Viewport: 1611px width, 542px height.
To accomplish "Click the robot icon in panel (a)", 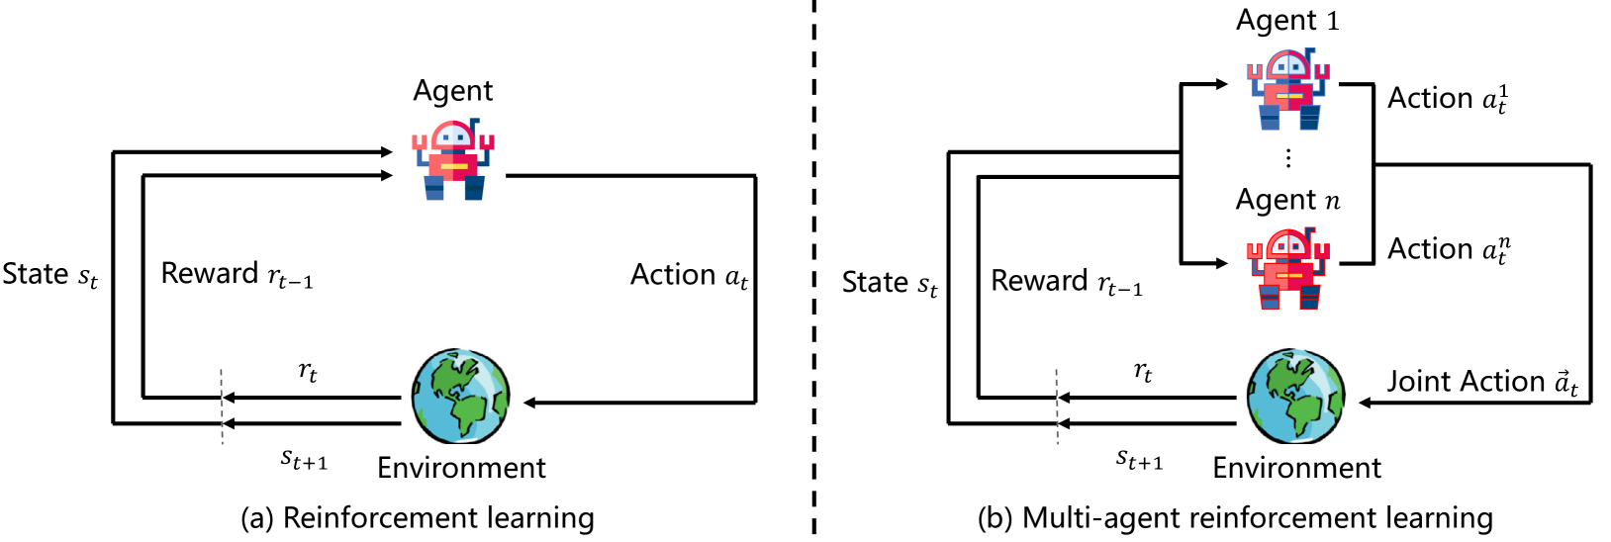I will point(454,160).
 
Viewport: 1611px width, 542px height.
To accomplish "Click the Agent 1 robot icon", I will point(1288,90).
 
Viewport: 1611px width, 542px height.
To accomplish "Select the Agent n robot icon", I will point(1288,269).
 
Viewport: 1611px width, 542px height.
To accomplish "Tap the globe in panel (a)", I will point(461,397).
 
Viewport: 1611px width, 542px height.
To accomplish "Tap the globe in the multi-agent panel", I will point(1295,397).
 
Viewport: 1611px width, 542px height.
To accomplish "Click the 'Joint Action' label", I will point(1481,382).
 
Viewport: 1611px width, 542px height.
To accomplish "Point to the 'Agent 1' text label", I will point(1287,21).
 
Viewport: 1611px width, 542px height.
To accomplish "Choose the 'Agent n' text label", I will point(1287,200).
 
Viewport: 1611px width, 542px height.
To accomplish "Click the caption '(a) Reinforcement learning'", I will point(418,517).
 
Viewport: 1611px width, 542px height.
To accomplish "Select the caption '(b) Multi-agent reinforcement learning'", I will point(1235,517).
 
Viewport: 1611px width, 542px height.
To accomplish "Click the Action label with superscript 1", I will point(1448,98).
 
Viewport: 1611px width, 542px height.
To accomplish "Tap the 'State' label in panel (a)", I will point(50,274).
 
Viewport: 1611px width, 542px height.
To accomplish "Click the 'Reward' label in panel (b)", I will point(1067,282).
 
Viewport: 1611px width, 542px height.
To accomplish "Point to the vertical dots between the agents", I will point(1287,157).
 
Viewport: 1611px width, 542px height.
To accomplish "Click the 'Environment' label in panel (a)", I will point(461,468).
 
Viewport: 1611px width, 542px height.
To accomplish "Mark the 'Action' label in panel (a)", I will point(689,275).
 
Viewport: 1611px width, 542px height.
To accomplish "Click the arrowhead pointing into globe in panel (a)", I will point(530,403).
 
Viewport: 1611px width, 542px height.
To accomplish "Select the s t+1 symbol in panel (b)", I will point(1139,459).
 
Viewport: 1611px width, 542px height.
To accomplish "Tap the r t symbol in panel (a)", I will point(308,372).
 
